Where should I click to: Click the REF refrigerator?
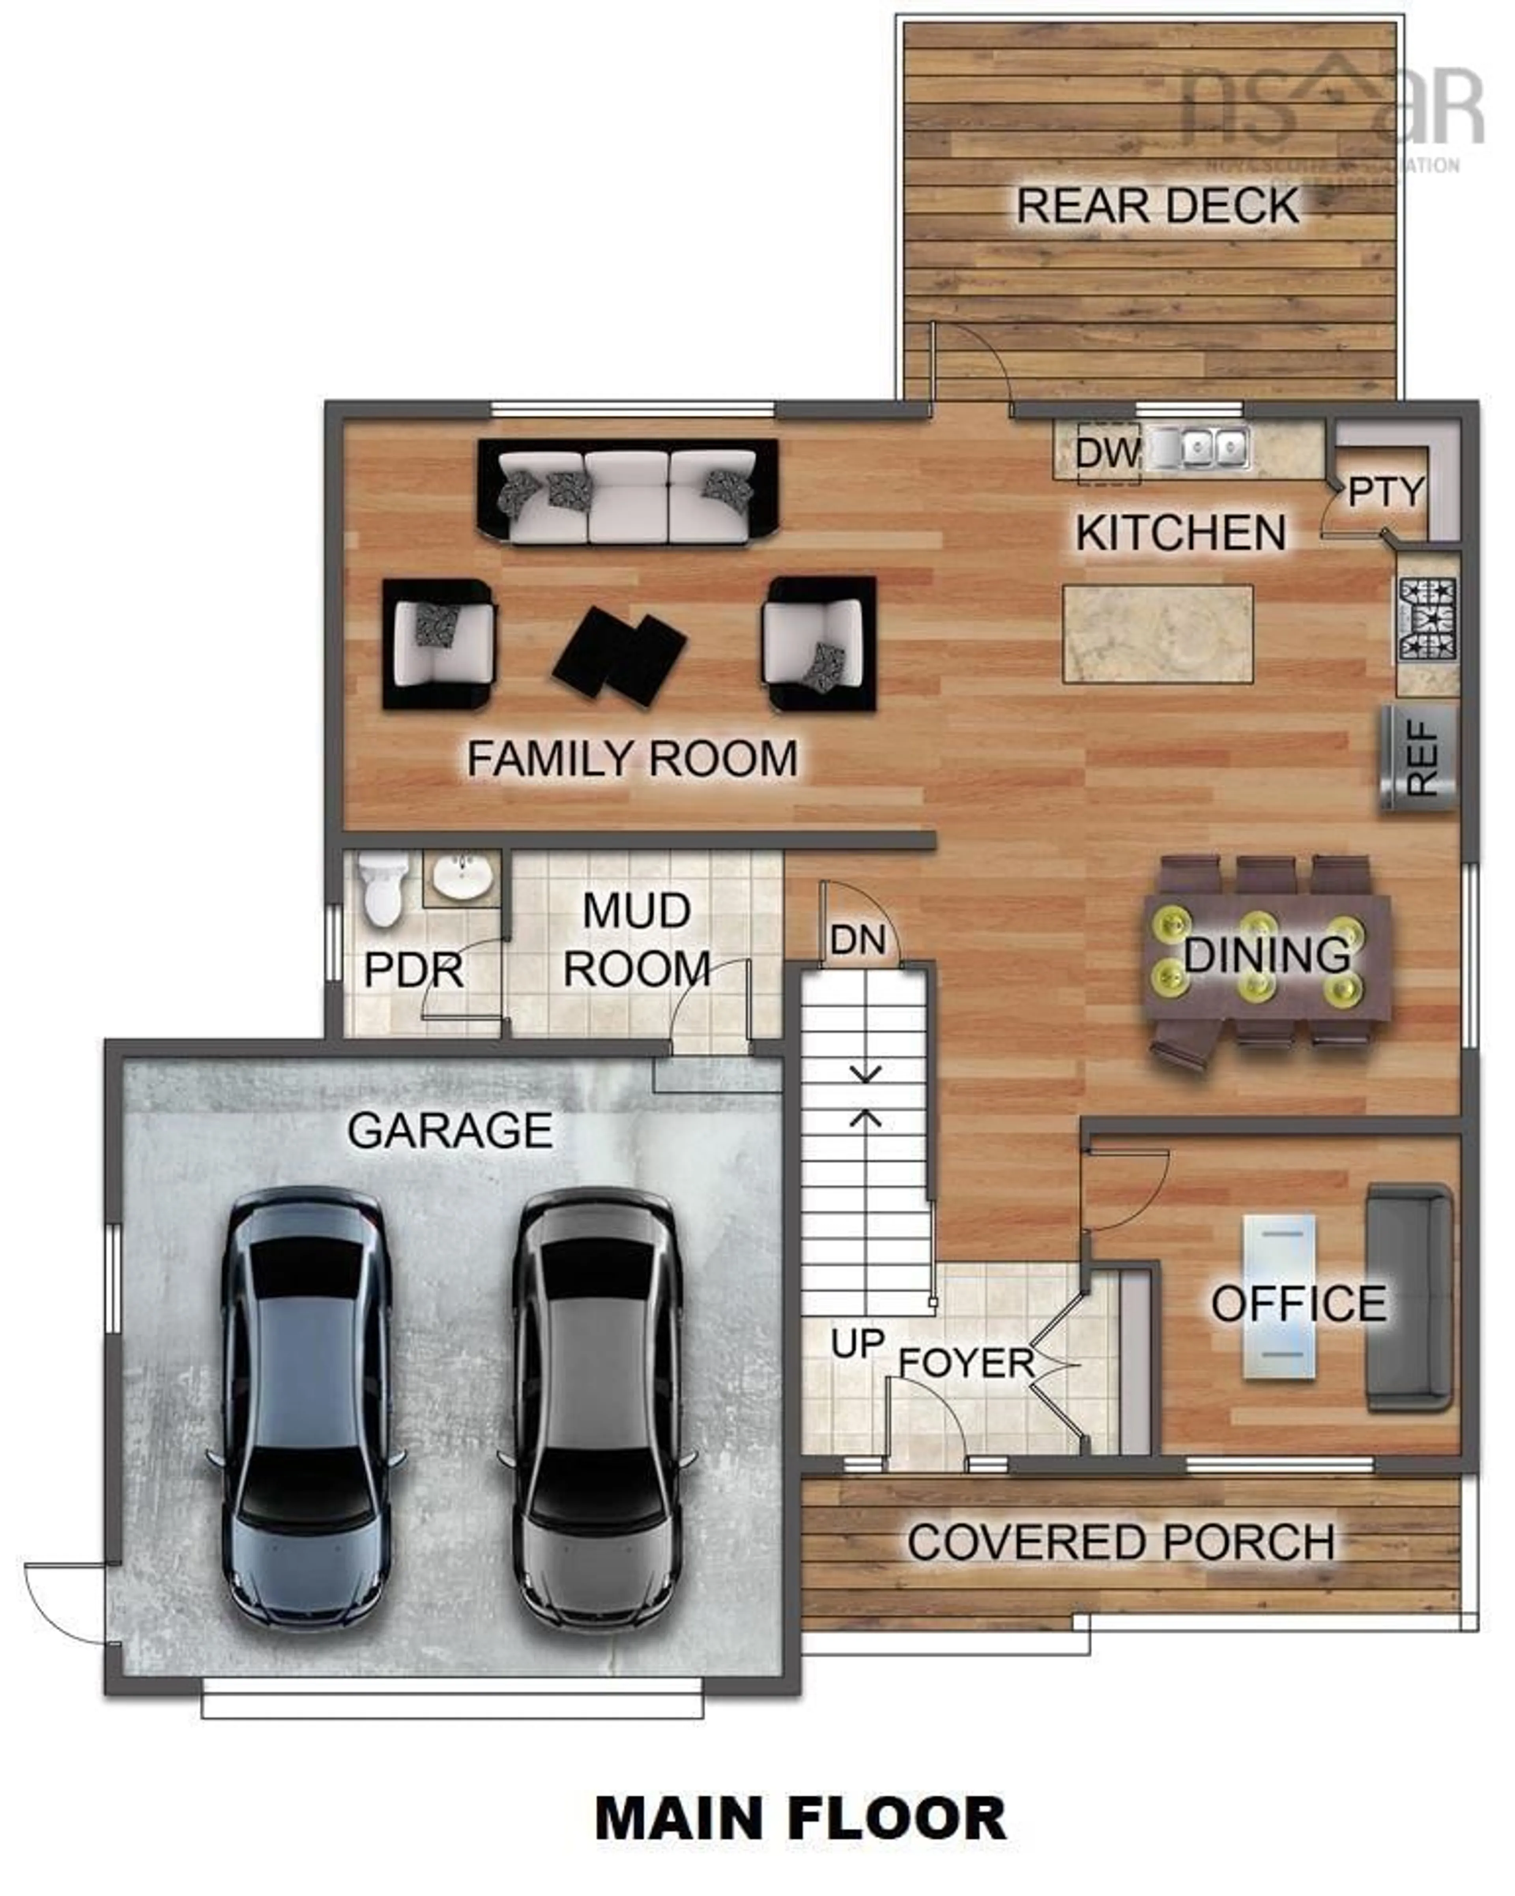point(1418,758)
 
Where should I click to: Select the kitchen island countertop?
point(1157,633)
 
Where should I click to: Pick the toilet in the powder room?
point(382,891)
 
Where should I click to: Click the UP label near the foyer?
point(857,1343)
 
